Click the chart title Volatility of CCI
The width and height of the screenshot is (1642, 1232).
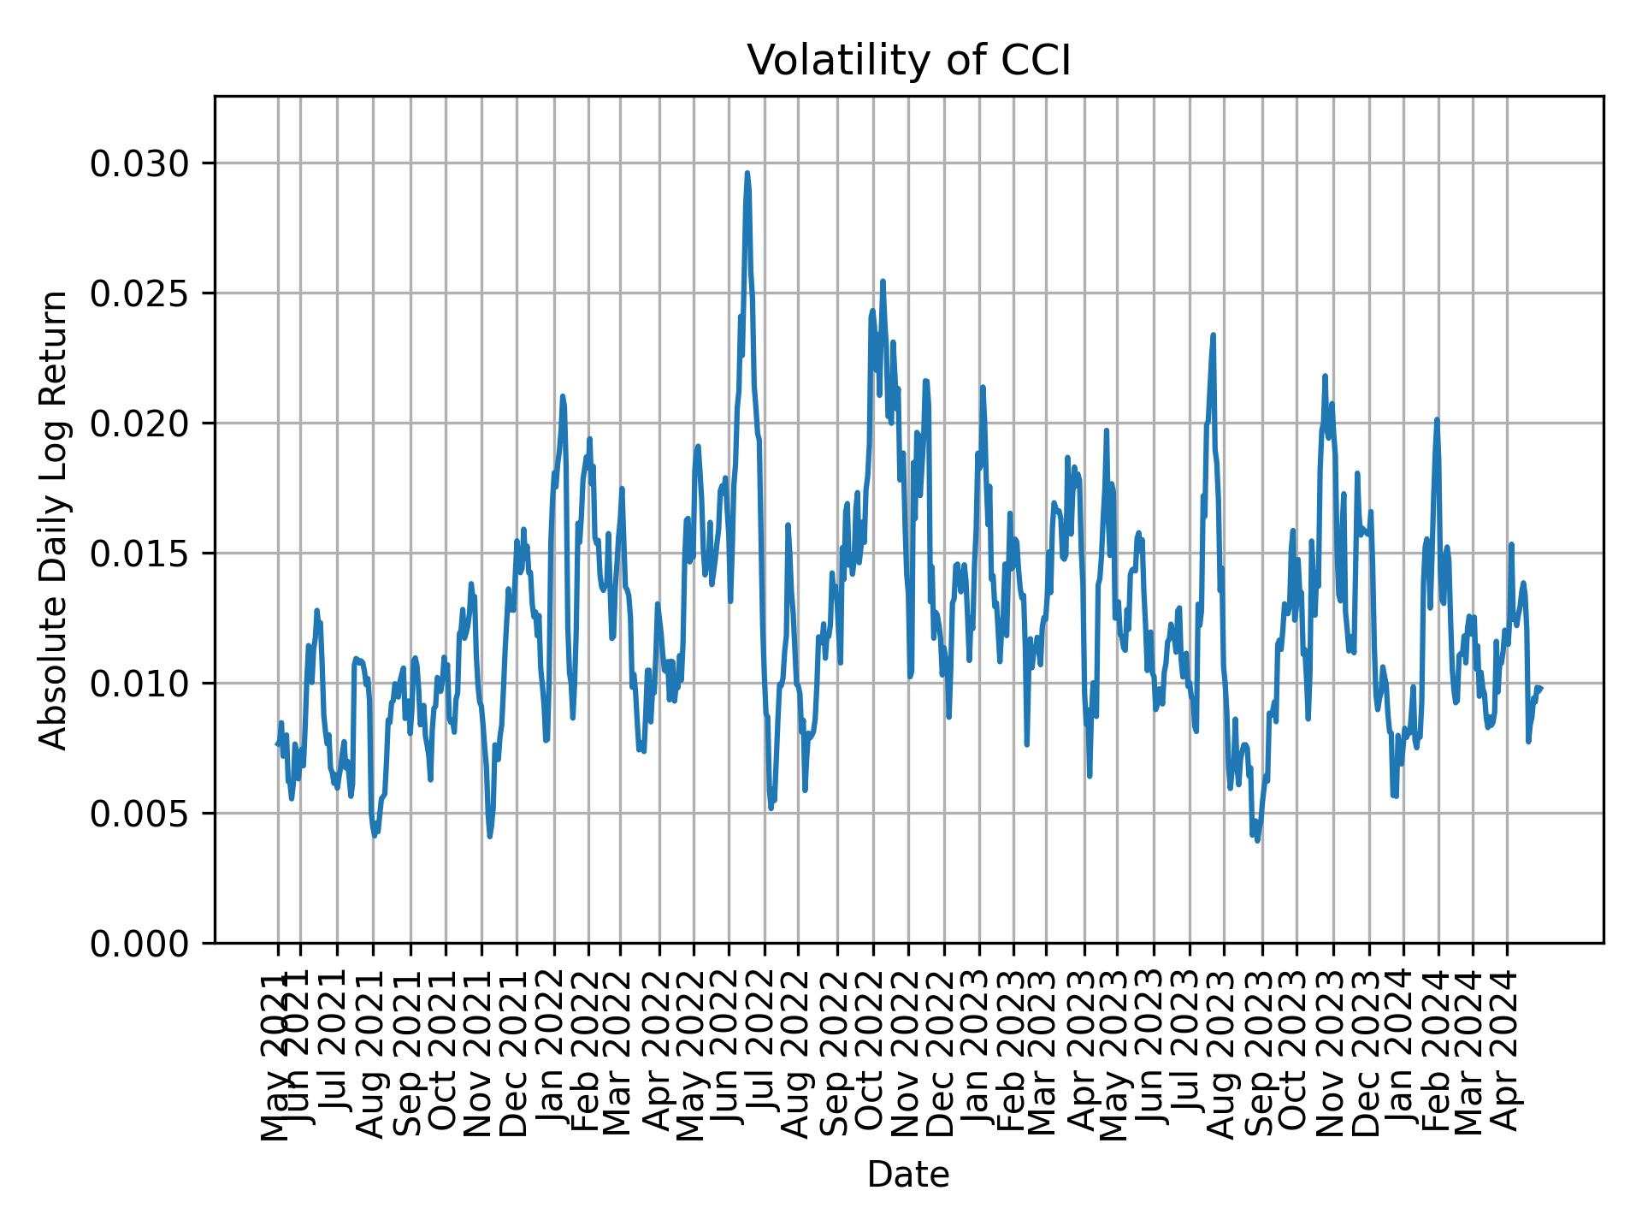tap(908, 61)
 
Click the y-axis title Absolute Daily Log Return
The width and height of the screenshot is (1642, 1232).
tap(55, 519)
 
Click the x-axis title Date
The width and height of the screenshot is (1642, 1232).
tap(908, 1175)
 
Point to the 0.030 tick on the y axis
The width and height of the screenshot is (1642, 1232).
tap(140, 163)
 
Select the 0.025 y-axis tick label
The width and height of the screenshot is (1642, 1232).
tap(140, 293)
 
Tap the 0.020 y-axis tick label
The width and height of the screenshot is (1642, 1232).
tap(140, 423)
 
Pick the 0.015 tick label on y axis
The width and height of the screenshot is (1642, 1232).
tap(140, 554)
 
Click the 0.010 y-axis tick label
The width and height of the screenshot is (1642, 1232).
tap(140, 684)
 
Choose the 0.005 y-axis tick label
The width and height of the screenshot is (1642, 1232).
tap(140, 814)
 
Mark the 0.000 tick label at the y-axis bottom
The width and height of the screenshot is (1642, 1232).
tap(140, 943)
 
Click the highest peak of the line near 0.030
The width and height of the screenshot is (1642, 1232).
tap(747, 173)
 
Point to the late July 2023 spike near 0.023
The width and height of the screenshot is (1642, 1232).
tap(1213, 335)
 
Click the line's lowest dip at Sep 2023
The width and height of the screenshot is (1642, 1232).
tap(1257, 840)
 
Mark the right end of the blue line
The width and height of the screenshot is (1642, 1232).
tap(1540, 688)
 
